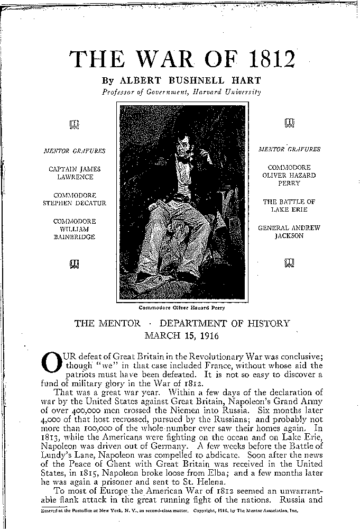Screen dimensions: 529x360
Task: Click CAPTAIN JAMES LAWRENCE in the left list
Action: click(75, 173)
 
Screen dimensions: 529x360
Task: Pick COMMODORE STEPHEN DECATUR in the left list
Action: click(75, 199)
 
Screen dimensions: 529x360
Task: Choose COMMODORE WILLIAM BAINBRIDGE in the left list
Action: click(75, 229)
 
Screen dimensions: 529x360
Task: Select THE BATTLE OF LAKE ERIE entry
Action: click(289, 206)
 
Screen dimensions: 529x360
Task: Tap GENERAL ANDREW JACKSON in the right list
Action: click(289, 232)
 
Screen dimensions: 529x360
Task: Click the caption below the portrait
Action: click(182, 307)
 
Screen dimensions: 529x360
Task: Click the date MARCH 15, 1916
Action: click(182, 335)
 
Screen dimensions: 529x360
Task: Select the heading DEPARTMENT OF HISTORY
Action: click(225, 323)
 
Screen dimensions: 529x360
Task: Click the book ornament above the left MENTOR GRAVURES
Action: click(75, 125)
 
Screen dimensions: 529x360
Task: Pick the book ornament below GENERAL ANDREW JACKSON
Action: click(289, 261)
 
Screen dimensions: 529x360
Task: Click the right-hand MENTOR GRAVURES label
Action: click(289, 149)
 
